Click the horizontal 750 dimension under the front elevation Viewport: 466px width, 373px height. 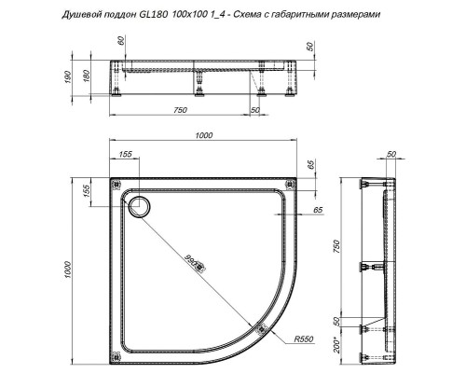coord(180,111)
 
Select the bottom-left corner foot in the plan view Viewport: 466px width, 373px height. coord(115,352)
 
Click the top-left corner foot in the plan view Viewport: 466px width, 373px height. coord(115,183)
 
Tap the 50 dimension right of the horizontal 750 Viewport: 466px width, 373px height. coord(255,111)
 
